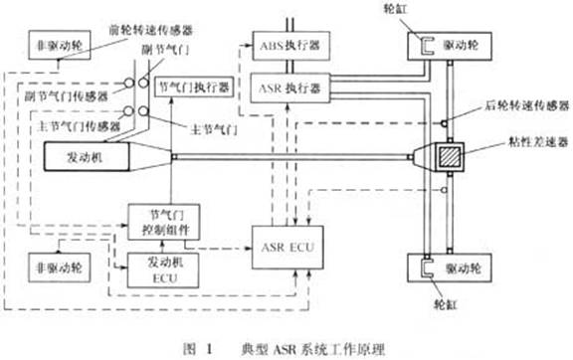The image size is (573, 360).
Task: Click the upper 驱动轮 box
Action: pos(456,43)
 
